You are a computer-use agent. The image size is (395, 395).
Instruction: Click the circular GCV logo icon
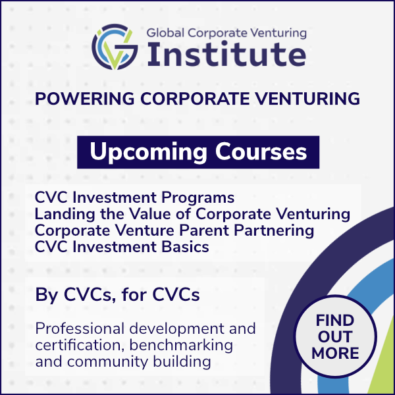point(115,47)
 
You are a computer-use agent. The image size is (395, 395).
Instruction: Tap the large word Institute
point(226,55)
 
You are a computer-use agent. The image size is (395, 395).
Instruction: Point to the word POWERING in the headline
point(85,98)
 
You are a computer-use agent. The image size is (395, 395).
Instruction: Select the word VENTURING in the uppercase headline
point(307,98)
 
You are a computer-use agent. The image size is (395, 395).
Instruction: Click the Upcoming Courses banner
point(198,152)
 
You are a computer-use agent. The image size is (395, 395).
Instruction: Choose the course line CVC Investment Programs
point(134,197)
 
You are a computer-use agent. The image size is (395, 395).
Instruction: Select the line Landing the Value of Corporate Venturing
point(192,214)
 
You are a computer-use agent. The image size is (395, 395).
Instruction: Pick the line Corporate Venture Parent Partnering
point(174,231)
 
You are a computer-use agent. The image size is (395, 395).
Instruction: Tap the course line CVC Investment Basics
point(122,247)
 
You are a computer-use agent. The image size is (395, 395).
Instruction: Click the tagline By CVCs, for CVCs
point(117,294)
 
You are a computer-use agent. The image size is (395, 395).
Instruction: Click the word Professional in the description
point(80,329)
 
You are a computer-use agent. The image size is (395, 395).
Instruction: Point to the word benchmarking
point(181,346)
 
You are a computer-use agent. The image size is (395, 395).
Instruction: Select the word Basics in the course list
point(185,247)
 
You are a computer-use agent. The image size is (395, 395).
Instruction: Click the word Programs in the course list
point(197,198)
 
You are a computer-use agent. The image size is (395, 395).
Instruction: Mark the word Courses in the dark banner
point(261,151)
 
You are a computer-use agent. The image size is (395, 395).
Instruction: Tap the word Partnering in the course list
point(274,231)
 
